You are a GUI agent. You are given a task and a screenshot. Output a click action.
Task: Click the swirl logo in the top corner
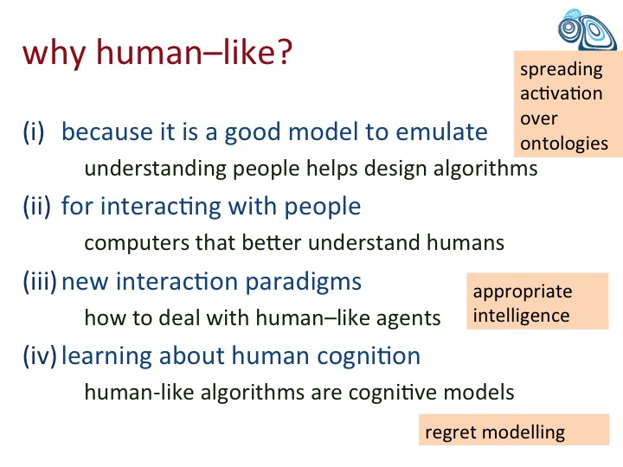(x=588, y=29)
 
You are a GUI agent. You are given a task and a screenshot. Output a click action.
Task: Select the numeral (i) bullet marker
(x=34, y=131)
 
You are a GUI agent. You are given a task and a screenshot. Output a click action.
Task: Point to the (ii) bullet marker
(x=37, y=207)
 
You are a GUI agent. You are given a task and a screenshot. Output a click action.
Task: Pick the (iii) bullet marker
(x=40, y=281)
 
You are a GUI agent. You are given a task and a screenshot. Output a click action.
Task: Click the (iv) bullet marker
(x=40, y=355)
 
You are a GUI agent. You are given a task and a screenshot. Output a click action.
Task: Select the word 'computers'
(x=137, y=243)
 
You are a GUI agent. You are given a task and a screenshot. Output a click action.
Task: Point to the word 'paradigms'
(x=303, y=282)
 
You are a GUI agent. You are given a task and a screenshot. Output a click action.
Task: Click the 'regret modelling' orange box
(x=514, y=430)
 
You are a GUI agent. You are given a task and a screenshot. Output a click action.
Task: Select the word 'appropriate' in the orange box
(x=523, y=292)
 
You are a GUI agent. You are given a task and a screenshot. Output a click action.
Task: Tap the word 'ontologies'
(x=564, y=144)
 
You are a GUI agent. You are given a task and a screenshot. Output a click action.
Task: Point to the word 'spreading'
(x=562, y=70)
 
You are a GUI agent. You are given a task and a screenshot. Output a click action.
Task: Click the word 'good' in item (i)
(x=253, y=132)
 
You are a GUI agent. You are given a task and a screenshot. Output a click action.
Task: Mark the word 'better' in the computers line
(x=272, y=242)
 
